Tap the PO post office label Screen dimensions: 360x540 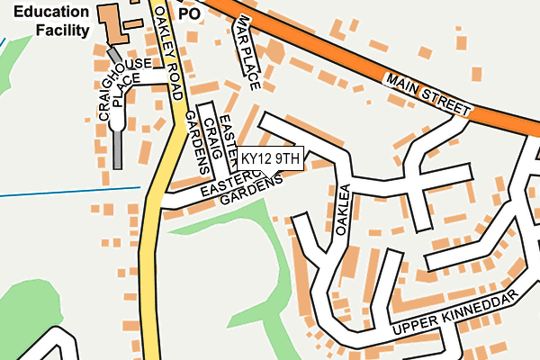coord(188,14)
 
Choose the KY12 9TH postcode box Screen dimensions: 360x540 coord(270,158)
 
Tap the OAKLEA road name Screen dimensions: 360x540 coord(342,210)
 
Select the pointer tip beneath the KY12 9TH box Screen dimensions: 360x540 coord(270,174)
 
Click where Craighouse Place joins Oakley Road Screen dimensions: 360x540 coord(171,85)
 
